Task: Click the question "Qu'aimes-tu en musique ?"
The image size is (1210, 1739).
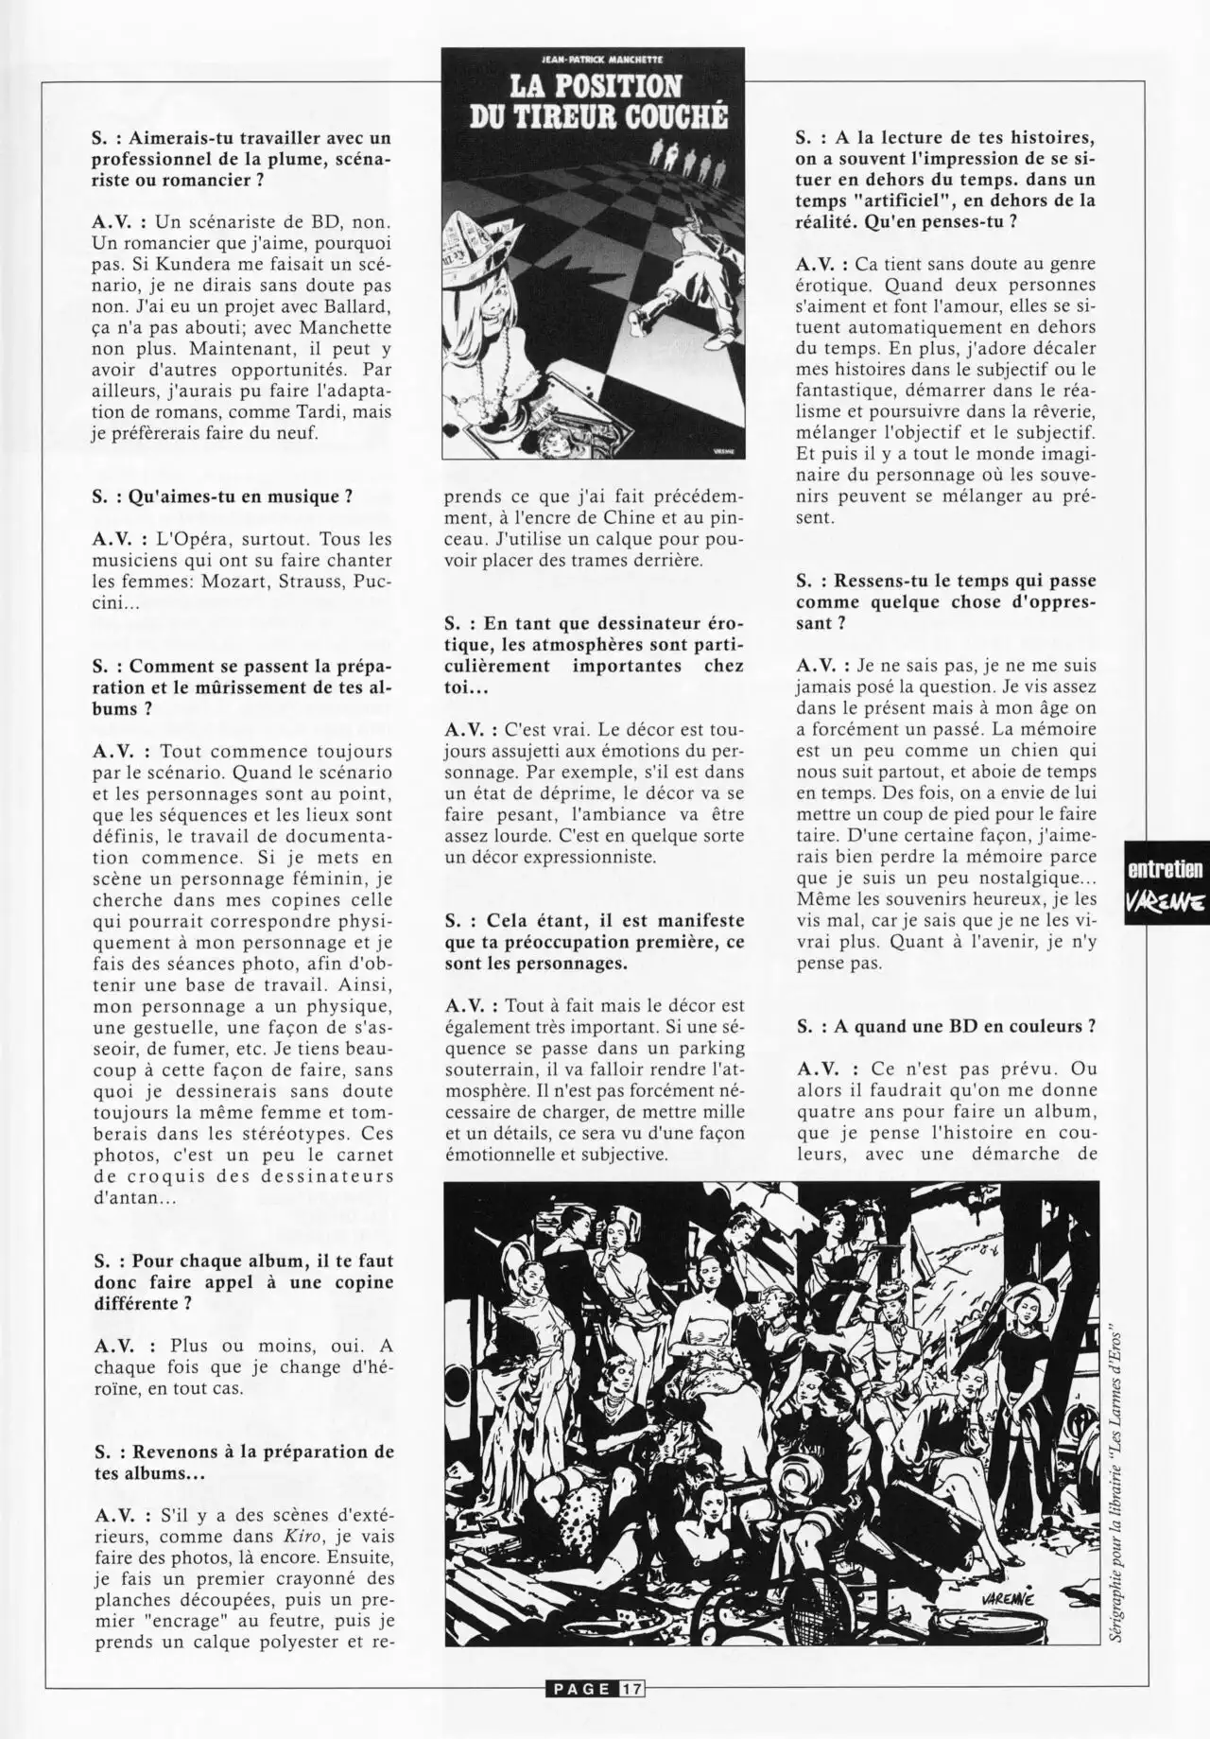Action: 222,498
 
